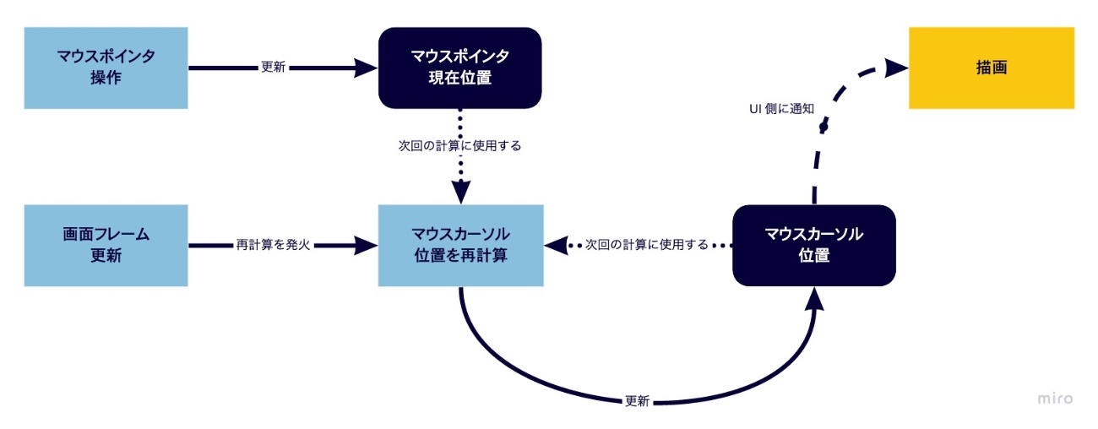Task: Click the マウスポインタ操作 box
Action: [x=106, y=68]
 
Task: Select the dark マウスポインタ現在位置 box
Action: [x=459, y=68]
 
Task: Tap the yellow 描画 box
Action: [x=991, y=68]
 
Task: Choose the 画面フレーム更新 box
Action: [x=106, y=245]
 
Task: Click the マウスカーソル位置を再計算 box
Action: [x=459, y=245]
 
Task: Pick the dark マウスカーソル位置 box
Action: [x=813, y=245]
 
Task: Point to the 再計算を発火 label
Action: [x=273, y=246]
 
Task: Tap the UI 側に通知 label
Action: [x=780, y=108]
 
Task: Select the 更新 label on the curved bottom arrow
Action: [x=637, y=402]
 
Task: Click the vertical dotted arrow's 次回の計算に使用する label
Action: [x=459, y=145]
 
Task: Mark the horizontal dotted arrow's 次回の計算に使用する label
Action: [x=646, y=246]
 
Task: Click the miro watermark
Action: [x=1055, y=399]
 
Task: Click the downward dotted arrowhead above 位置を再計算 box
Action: [x=460, y=193]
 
